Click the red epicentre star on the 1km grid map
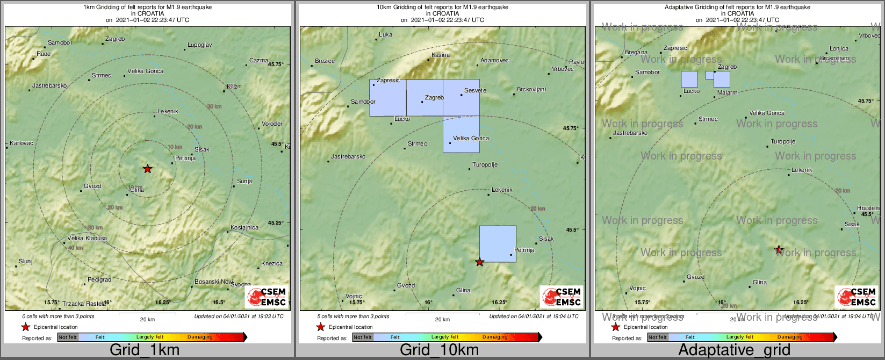147,169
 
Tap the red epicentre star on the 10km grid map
480,262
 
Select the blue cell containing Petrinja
498,244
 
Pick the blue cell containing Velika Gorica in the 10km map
461,134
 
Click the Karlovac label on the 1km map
21,143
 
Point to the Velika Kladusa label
87,238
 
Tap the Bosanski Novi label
213,282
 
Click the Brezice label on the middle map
325,61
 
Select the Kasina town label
441,55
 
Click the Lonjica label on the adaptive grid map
839,48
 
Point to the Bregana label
636,53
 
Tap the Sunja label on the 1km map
244,181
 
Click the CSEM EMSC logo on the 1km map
267,297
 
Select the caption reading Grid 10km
439,350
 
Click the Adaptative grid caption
734,350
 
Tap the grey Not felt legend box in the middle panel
363,337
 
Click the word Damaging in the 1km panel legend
200,337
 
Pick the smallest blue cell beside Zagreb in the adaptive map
709,75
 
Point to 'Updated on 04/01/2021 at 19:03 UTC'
239,316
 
